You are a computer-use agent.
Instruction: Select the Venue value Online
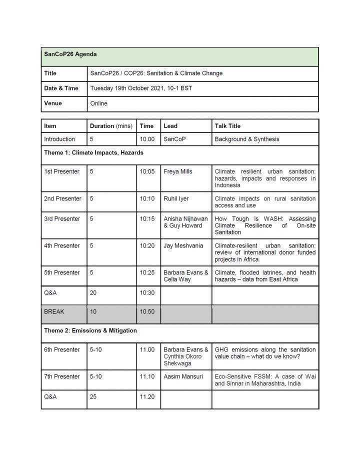(x=98, y=103)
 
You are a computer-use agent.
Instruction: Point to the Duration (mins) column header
(x=111, y=126)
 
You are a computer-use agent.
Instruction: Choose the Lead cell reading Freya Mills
(x=177, y=171)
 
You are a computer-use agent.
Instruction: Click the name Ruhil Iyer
(x=176, y=198)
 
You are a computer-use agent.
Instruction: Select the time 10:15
(x=147, y=218)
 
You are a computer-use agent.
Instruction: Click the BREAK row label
(x=54, y=311)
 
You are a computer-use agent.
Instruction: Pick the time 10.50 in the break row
(x=147, y=311)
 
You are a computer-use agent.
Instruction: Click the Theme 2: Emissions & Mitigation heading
(x=90, y=330)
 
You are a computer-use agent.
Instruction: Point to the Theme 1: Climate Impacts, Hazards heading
(x=93, y=152)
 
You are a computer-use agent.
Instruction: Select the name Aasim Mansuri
(x=183, y=376)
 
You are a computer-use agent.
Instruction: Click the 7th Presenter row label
(x=62, y=376)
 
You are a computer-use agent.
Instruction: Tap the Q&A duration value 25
(x=93, y=396)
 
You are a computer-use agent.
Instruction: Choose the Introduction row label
(x=59, y=139)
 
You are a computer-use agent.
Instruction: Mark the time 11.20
(x=147, y=396)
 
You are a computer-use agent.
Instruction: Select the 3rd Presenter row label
(x=62, y=218)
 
